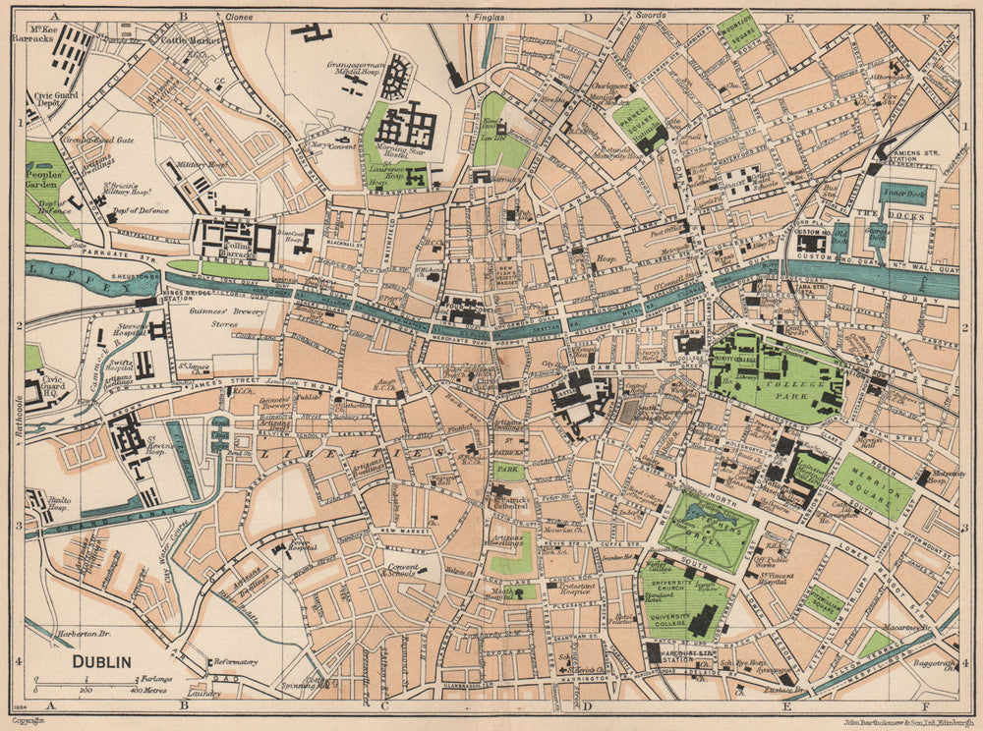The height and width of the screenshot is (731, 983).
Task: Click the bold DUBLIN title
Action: click(x=102, y=661)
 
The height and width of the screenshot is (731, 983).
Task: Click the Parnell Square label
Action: click(x=638, y=125)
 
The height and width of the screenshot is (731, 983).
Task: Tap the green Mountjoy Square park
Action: click(x=738, y=29)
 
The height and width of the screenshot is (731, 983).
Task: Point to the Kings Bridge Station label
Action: click(x=137, y=292)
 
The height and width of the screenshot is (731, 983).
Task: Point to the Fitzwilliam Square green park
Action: click(x=824, y=600)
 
